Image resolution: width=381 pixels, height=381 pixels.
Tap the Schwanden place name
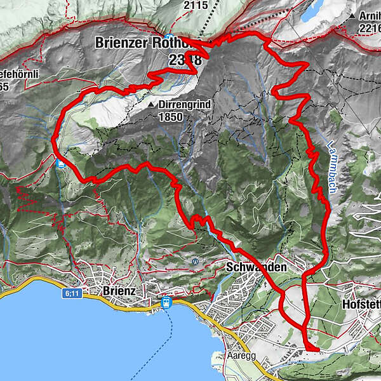point(256,267)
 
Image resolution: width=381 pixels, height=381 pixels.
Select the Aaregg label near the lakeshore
point(242,356)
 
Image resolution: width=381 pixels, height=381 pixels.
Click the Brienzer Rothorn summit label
point(149,43)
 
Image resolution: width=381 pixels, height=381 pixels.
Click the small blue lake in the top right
point(312,11)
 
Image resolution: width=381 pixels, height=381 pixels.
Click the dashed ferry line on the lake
point(171,337)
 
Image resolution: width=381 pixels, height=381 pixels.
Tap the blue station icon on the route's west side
point(60,163)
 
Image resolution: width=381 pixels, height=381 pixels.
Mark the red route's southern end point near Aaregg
point(316,349)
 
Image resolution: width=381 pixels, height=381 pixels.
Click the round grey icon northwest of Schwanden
point(196,260)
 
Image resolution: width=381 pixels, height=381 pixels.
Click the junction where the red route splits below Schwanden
point(303,277)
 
